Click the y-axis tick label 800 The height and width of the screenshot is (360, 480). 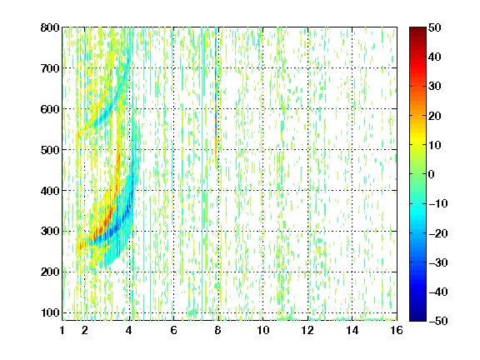click(x=50, y=27)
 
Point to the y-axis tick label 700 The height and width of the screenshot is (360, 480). click(x=50, y=68)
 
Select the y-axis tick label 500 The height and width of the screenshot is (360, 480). click(x=50, y=150)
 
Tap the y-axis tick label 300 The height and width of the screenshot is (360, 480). click(x=50, y=232)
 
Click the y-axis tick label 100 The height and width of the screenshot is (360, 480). click(x=50, y=312)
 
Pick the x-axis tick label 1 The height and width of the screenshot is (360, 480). click(x=62, y=330)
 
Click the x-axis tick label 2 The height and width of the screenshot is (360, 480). click(x=85, y=330)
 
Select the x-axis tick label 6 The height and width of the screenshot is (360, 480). click(x=173, y=330)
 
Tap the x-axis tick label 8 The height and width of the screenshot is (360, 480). click(x=218, y=330)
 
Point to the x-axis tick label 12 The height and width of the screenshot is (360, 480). click(x=307, y=330)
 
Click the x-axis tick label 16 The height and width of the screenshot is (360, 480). click(x=397, y=330)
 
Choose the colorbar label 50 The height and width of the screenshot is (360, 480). click(x=434, y=27)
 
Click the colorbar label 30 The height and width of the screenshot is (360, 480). click(x=434, y=86)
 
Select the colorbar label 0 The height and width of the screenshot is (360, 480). click(x=432, y=174)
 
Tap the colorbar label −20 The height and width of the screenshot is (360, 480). click(x=438, y=233)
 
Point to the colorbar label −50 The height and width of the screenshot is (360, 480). click(x=438, y=321)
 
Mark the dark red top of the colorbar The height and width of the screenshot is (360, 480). click(x=417, y=32)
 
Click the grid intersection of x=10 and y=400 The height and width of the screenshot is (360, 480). click(x=262, y=190)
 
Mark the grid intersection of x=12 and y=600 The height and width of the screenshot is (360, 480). click(x=307, y=108)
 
